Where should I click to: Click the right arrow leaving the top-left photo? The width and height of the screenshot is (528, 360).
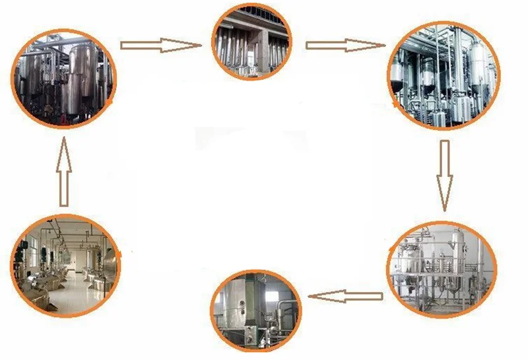click(160, 46)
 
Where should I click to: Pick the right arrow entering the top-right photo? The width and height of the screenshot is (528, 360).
click(345, 46)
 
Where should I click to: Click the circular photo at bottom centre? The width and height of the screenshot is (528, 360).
click(256, 310)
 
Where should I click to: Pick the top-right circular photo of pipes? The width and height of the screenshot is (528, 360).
click(444, 75)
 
